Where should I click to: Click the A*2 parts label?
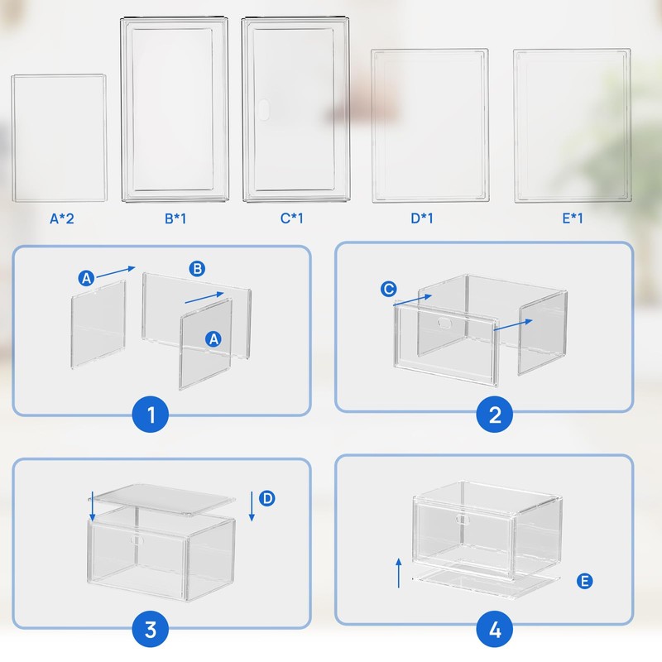coord(62,218)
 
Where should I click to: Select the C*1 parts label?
coord(295,218)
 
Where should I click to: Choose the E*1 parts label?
coord(572,218)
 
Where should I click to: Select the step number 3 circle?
coord(151,629)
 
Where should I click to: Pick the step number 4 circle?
coord(495,629)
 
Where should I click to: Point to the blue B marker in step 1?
coord(197,268)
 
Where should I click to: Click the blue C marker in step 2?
coord(388,289)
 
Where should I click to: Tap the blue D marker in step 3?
coord(267,498)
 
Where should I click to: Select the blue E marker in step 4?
coord(585,583)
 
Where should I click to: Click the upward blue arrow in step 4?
coord(399,572)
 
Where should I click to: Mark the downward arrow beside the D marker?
coord(251,506)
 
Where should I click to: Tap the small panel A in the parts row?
coord(59,138)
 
